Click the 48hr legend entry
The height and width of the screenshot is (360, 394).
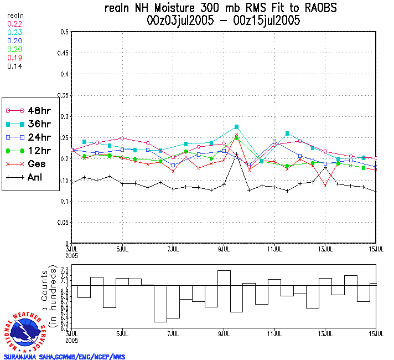click(x=30, y=110)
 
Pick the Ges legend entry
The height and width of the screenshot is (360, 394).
click(x=30, y=164)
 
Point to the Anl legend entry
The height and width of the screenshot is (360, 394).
click(x=30, y=178)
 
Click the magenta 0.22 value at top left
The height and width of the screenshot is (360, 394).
click(x=14, y=24)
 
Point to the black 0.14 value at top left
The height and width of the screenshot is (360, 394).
click(x=14, y=66)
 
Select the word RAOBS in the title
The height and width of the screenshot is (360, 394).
click(x=315, y=8)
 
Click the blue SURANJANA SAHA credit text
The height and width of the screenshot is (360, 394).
click(x=64, y=357)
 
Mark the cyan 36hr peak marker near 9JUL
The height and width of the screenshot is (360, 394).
click(x=237, y=127)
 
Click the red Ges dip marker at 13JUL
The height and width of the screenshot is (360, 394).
click(x=325, y=185)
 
